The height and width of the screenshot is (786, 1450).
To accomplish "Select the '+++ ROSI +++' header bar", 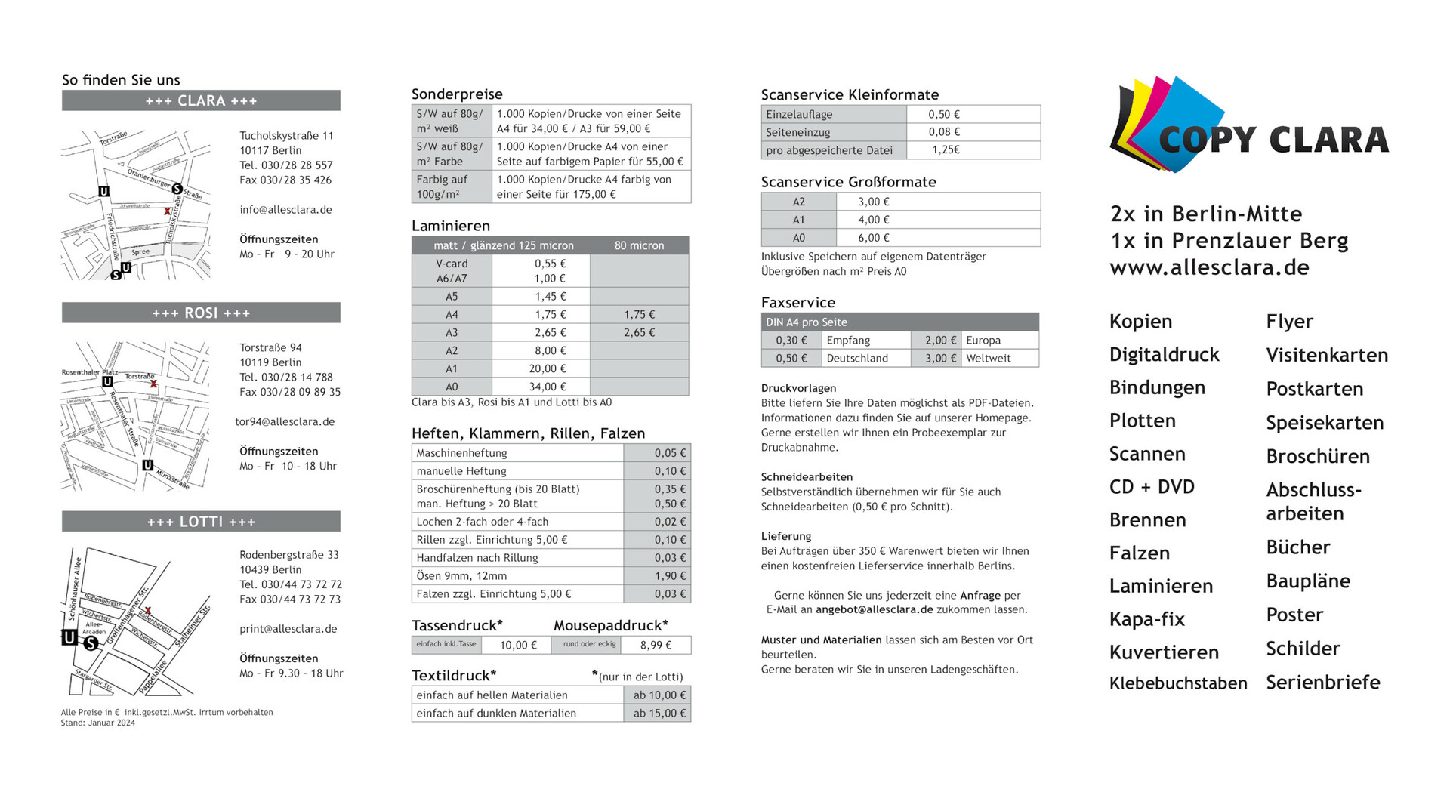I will tap(201, 313).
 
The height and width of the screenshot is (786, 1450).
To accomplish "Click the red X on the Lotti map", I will tap(148, 611).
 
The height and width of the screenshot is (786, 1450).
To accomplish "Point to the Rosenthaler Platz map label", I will tap(89, 372).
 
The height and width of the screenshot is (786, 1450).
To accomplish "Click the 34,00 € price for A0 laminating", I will tap(547, 387).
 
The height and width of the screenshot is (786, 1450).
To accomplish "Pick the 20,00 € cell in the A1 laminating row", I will tap(547, 368).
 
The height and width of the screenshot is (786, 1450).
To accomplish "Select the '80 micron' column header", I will tap(639, 245).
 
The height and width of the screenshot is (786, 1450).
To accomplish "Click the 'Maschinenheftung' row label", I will tap(461, 453).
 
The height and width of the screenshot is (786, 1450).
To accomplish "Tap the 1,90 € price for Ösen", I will tap(670, 576).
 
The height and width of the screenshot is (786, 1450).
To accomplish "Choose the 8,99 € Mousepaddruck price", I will tap(656, 645).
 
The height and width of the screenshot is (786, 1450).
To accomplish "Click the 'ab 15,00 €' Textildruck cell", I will tap(659, 714).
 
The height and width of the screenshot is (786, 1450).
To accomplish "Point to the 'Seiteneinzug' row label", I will tap(797, 132).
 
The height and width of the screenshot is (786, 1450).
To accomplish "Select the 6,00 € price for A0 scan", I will tap(873, 238).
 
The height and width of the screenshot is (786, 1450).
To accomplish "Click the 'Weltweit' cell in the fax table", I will tap(988, 359).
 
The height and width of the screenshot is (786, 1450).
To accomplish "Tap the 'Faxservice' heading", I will tap(797, 303).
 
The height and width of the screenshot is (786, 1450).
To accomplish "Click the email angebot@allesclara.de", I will tap(874, 609).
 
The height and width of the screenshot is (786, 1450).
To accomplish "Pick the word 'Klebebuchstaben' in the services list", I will tap(1177, 683).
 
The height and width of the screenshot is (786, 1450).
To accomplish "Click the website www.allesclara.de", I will tap(1209, 267).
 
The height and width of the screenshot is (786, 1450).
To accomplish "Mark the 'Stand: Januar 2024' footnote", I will tap(98, 723).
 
